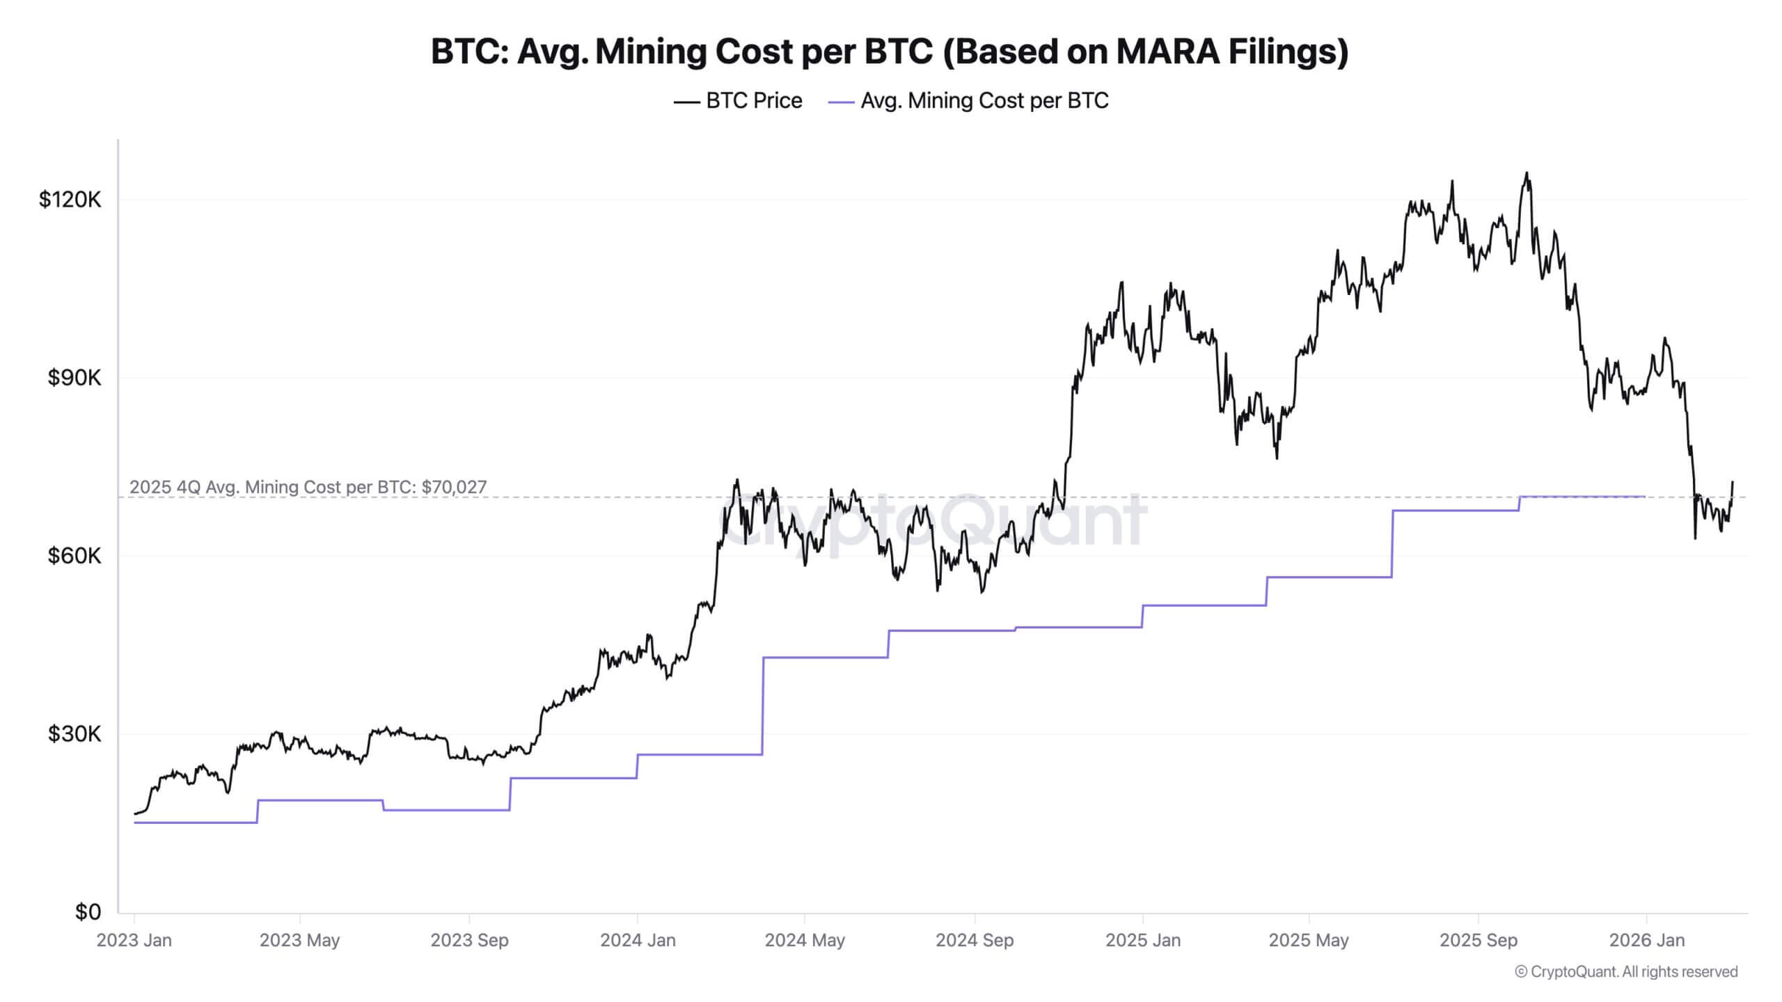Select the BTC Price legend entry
739,101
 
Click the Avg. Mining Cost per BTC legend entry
968,101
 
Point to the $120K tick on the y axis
70,200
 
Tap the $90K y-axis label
74,378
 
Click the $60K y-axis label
74,556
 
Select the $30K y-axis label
74,733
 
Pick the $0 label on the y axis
88,912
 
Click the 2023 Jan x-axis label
134,940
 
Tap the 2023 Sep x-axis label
469,940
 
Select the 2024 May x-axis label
805,940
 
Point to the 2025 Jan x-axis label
1143,940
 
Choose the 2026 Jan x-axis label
1647,940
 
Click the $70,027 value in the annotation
454,487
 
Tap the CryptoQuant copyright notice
1626,971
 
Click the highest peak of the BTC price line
1527,173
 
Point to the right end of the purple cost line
1644,496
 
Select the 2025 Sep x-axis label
1479,940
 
